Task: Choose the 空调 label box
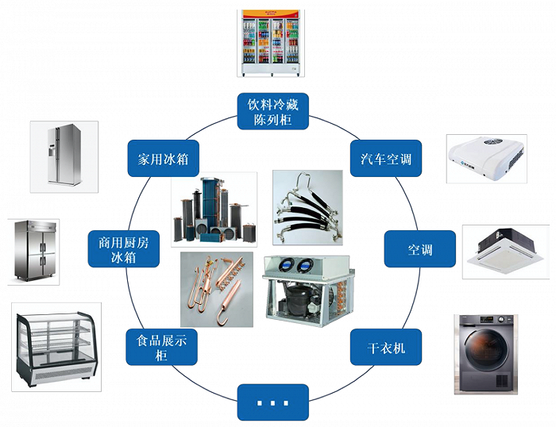(420, 249)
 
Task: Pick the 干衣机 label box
(384, 347)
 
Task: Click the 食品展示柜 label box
(162, 347)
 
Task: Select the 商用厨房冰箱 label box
(123, 249)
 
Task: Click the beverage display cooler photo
(271, 42)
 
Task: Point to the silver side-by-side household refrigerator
(64, 156)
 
